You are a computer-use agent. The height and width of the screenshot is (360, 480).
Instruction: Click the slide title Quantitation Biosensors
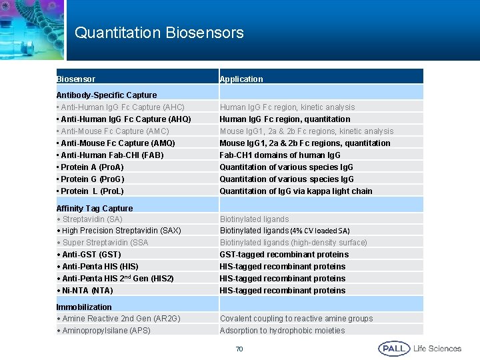(x=159, y=33)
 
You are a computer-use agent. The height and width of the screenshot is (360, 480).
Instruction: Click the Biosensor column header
(x=76, y=79)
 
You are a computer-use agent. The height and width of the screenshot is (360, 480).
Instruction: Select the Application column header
(x=241, y=79)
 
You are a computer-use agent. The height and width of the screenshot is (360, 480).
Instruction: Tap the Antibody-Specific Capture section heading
(x=107, y=95)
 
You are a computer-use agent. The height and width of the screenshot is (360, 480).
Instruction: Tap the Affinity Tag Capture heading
(x=95, y=209)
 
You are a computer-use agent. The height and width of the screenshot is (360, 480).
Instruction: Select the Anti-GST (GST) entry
(x=89, y=255)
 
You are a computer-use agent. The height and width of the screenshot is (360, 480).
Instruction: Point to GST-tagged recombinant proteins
(x=284, y=255)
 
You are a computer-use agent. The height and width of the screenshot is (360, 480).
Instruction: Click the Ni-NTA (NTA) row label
(x=85, y=291)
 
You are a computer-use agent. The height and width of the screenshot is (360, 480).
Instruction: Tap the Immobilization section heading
(x=84, y=307)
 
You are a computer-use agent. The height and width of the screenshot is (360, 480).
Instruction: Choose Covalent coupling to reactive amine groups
(x=296, y=319)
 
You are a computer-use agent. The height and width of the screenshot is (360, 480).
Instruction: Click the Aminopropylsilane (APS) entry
(x=103, y=331)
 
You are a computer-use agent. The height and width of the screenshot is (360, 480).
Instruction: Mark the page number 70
(x=239, y=349)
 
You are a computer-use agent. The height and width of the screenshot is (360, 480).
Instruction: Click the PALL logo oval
(x=394, y=349)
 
